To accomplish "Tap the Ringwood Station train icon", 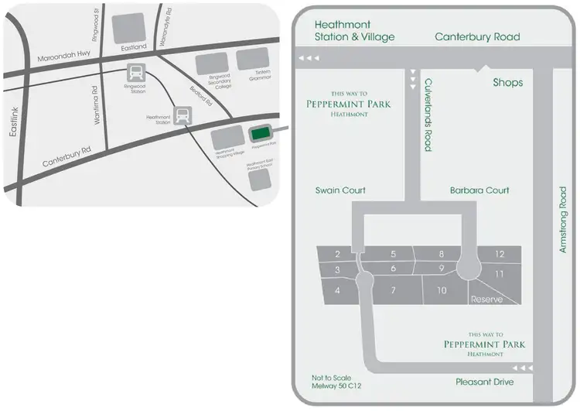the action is [136, 74].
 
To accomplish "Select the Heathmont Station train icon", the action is [183, 116].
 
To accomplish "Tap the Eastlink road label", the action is [14, 122].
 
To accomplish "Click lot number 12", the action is [500, 254].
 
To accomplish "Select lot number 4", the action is [337, 290].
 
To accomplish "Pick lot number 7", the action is [393, 290].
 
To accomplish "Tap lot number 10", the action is [442, 290].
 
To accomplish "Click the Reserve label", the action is [487, 299].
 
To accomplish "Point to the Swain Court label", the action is [340, 190].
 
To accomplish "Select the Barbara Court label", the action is [479, 190].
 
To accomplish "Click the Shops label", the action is [508, 82].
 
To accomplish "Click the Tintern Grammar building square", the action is [251, 58].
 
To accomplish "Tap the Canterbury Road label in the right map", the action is [477, 36].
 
